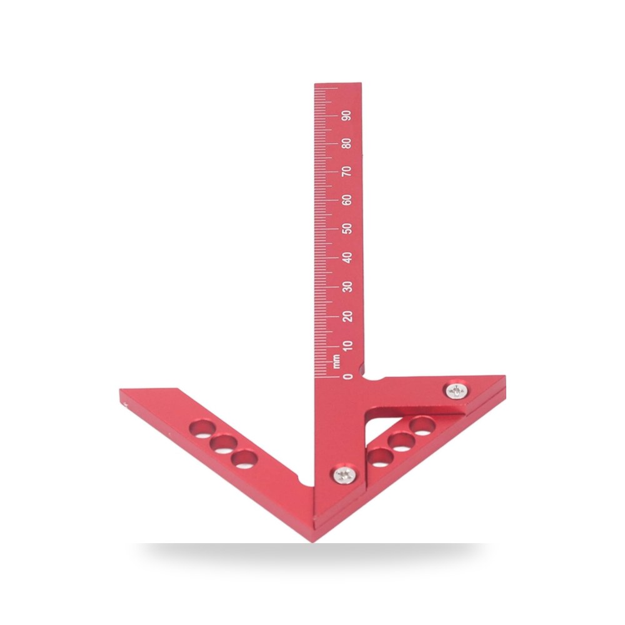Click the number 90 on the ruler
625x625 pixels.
coord(347,116)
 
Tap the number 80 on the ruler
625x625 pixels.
coord(347,143)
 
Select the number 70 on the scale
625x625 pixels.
coord(347,171)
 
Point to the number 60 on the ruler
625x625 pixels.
coord(347,200)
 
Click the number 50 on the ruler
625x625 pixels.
coord(347,228)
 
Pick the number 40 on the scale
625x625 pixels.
coord(347,257)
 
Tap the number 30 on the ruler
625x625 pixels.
coord(348,287)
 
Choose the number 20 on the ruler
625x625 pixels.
coord(348,316)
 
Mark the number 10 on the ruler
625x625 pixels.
coord(348,346)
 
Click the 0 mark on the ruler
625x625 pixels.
coord(348,376)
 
